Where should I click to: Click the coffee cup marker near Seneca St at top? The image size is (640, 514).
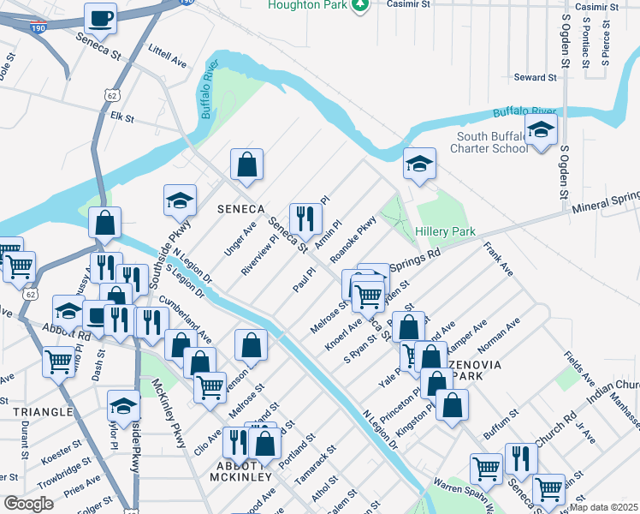click(x=101, y=17)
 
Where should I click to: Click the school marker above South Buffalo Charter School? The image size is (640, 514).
click(x=541, y=131)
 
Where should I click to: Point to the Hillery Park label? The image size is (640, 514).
click(x=444, y=232)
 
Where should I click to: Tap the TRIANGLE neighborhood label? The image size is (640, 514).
click(x=42, y=412)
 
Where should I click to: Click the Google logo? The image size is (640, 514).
click(x=28, y=503)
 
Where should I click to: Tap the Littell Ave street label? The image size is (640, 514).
click(x=167, y=57)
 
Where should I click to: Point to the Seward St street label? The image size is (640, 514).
click(x=535, y=78)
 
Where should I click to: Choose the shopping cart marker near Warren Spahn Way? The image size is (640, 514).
click(x=486, y=468)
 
